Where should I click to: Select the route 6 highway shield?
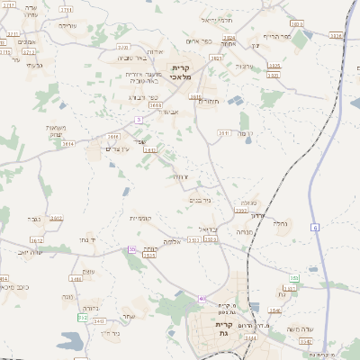[316, 227]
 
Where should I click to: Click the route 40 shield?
[203, 298]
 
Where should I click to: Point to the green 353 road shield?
[294, 278]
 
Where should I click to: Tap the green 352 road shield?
[84, 317]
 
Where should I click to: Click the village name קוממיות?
[140, 219]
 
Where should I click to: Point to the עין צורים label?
[121, 148]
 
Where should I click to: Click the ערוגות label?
[245, 66]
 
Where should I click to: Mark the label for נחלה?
[279, 221]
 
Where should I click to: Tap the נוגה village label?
[67, 296]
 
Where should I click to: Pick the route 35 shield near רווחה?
[132, 249]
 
